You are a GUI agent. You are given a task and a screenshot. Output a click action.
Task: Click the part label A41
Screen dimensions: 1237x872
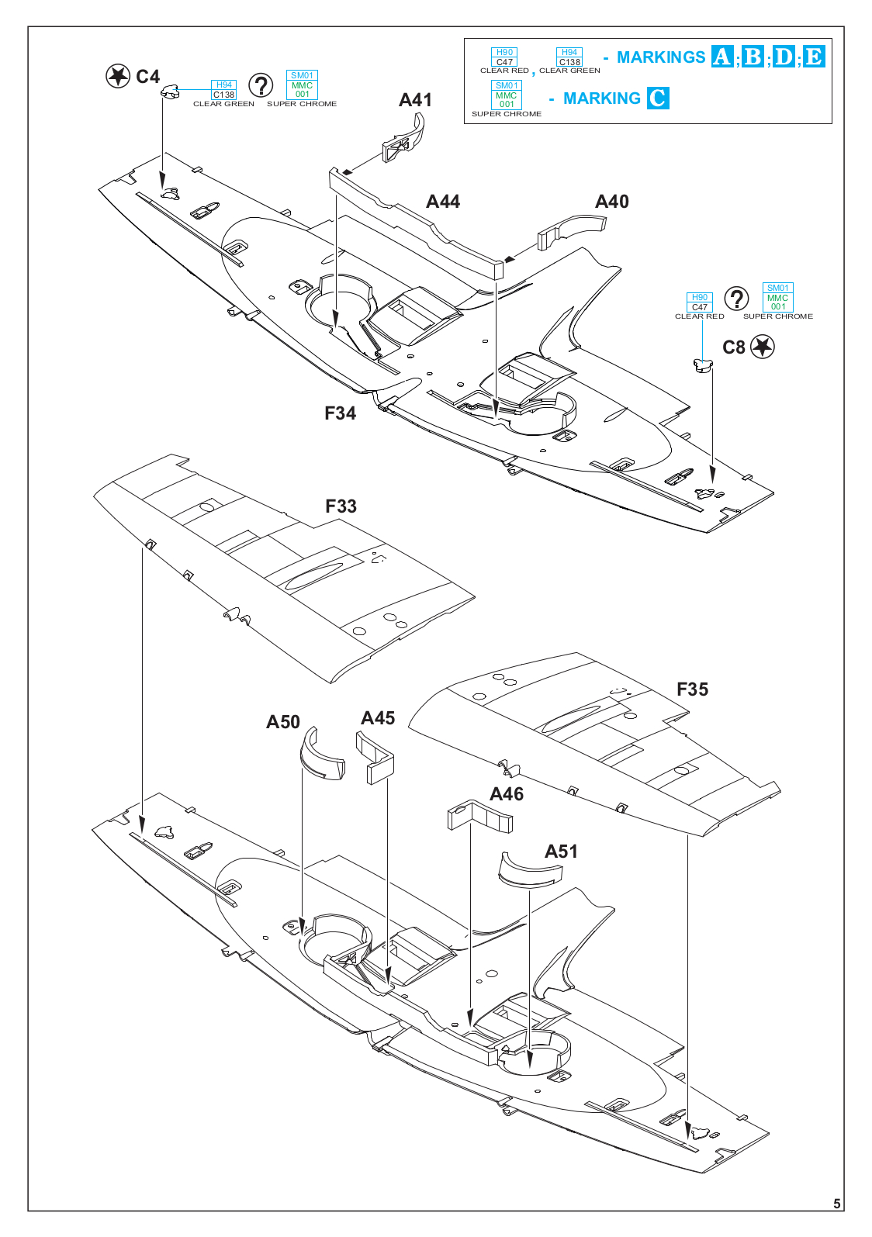click(x=415, y=100)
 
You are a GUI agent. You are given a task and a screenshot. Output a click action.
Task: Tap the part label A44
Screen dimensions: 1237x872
click(x=443, y=202)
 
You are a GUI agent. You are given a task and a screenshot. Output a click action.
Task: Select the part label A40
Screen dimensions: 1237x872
click(x=611, y=202)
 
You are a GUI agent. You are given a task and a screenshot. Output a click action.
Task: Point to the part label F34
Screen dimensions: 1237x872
click(x=340, y=413)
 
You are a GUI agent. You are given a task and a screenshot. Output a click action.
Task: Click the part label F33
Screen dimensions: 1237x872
click(x=341, y=506)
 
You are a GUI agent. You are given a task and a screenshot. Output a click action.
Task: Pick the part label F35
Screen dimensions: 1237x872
click(x=692, y=689)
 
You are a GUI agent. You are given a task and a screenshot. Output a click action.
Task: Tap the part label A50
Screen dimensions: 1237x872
click(x=283, y=722)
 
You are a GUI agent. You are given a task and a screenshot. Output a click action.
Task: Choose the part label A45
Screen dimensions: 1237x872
click(x=378, y=718)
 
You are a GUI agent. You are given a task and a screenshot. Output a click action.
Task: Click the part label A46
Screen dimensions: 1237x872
click(x=507, y=794)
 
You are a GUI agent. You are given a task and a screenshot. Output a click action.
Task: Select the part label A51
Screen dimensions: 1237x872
click(x=561, y=852)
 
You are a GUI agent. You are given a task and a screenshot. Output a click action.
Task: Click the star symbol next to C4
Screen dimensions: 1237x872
click(x=118, y=76)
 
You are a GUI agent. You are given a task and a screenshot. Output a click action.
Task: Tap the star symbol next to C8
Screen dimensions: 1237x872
click(x=763, y=347)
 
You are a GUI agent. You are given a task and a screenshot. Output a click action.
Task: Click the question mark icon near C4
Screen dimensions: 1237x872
click(x=261, y=86)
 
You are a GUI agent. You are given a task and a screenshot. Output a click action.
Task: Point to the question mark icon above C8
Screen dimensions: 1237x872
click(x=736, y=299)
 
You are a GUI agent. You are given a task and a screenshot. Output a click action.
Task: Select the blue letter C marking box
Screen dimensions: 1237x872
click(x=657, y=98)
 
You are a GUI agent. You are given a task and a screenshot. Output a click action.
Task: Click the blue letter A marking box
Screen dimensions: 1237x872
click(x=722, y=57)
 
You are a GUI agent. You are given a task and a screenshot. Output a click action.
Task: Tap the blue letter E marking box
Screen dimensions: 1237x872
click(x=814, y=57)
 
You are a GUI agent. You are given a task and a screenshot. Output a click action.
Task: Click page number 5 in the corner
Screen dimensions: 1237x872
click(x=836, y=1204)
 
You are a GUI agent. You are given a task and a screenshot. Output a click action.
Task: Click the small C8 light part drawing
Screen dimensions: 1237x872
click(x=702, y=365)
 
